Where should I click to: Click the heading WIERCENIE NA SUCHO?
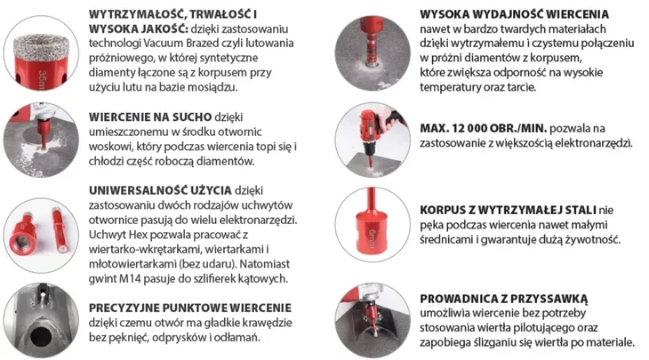148,116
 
